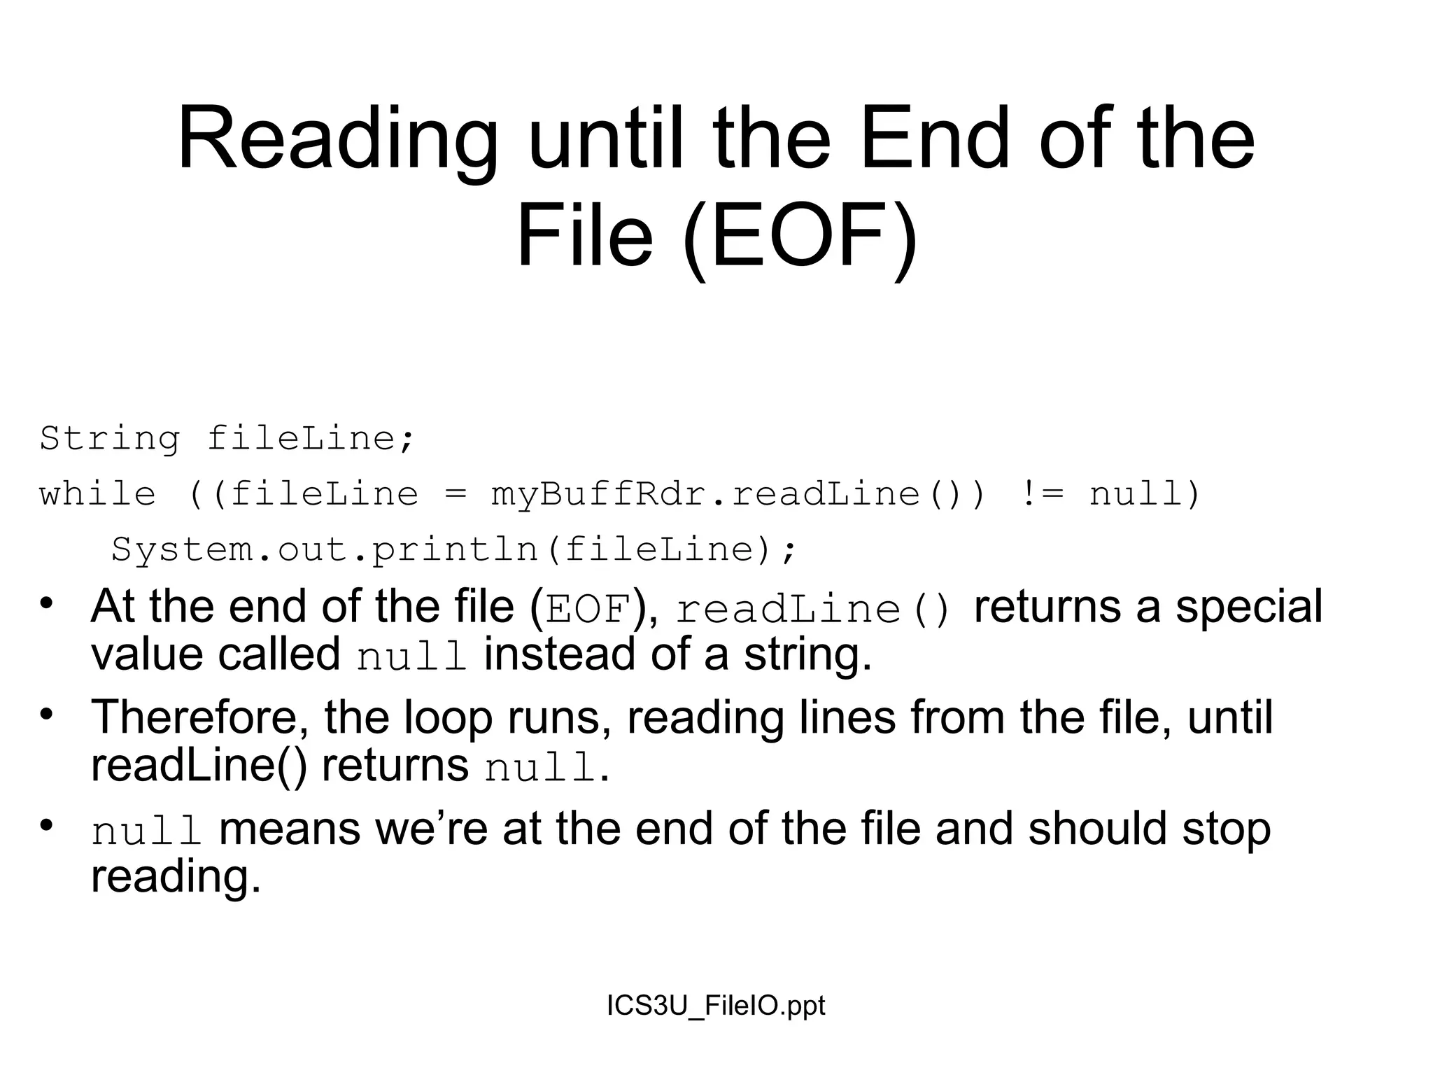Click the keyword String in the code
coord(110,439)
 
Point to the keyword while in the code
coord(97,494)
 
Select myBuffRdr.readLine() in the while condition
coord(725,494)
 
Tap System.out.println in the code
coord(325,549)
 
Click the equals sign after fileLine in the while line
coord(455,495)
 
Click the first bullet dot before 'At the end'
coord(47,603)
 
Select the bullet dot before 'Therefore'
coord(47,715)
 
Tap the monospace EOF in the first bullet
coord(588,609)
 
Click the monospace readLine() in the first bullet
coord(813,609)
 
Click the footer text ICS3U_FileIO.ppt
coord(716,1006)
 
